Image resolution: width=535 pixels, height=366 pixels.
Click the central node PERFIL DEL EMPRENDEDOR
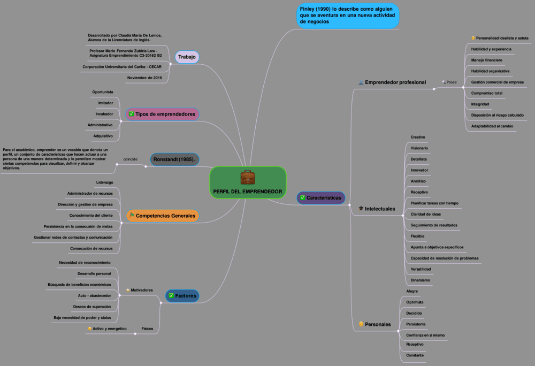pyautogui.click(x=248, y=191)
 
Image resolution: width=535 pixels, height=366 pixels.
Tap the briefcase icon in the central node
pyautogui.click(x=248, y=177)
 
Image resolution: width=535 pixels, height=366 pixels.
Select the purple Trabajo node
pyautogui.click(x=187, y=57)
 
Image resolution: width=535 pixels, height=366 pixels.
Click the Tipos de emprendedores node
pyautogui.click(x=162, y=114)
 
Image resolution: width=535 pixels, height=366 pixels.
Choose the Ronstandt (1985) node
pyautogui.click(x=174, y=159)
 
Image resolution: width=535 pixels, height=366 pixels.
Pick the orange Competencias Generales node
pyautogui.click(x=162, y=216)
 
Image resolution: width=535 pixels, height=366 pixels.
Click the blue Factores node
pyautogui.click(x=182, y=296)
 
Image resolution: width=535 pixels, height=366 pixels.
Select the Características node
pyautogui.click(x=320, y=198)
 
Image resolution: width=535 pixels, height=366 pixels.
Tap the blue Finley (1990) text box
pyautogui.click(x=348, y=16)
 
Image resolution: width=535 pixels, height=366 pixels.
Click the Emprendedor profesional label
pyautogui.click(x=395, y=82)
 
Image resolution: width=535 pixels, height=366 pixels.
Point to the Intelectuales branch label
pyautogui.click(x=379, y=209)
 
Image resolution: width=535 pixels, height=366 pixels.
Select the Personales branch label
pyautogui.click(x=377, y=324)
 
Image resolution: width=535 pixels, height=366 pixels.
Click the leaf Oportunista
pyautogui.click(x=103, y=92)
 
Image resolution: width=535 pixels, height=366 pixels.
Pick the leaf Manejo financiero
pyautogui.click(x=486, y=60)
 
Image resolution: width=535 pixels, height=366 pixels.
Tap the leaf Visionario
pyautogui.click(x=419, y=148)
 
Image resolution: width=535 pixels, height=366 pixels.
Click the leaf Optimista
pyautogui.click(x=415, y=302)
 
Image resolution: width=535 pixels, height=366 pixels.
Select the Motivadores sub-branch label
pyautogui.click(x=141, y=290)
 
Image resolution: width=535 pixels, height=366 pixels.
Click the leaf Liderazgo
pyautogui.click(x=104, y=182)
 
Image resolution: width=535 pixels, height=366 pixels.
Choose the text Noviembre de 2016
pyautogui.click(x=144, y=78)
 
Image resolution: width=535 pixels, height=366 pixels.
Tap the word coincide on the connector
pyautogui.click(x=130, y=159)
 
